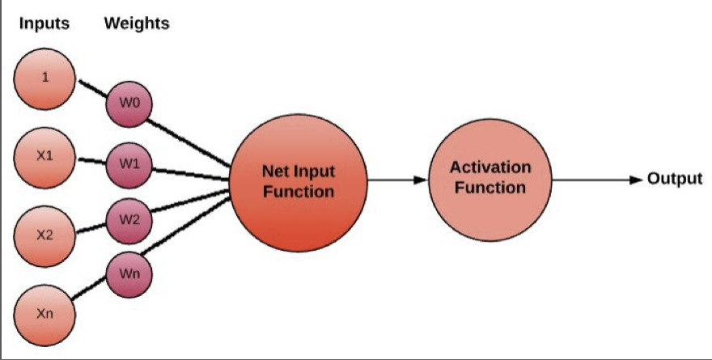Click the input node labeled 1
pos(45,78)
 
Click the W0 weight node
pos(129,104)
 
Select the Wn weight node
pos(129,274)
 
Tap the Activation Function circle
pos(489,179)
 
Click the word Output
pos(674,179)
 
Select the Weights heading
pos(136,23)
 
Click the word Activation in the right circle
pos(490,168)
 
